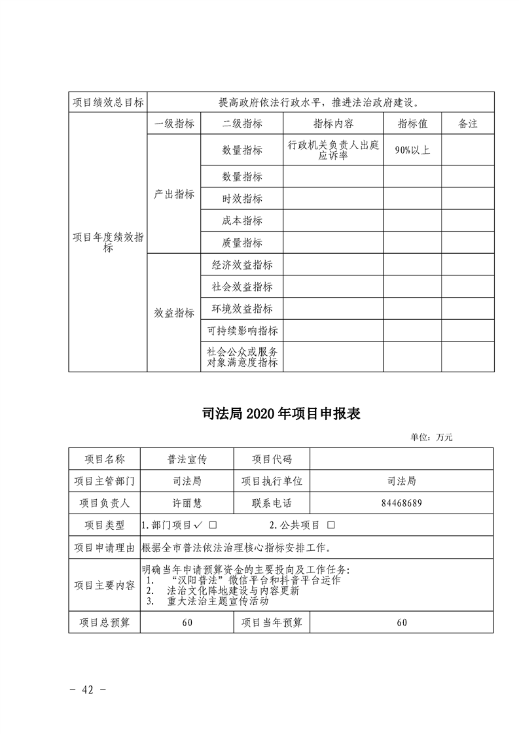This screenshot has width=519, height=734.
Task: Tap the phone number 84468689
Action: point(401,503)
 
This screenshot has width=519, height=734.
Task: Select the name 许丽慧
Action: point(187,503)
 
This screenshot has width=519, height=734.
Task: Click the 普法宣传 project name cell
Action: point(187,459)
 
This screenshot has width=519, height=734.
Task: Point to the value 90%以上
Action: point(412,150)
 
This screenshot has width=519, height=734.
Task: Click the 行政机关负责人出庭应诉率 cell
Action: point(333,150)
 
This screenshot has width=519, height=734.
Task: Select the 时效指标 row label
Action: point(242,199)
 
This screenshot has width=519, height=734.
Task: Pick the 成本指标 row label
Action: point(242,221)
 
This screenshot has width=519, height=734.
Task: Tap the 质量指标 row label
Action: point(242,243)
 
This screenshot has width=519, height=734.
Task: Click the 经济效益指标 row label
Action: point(242,265)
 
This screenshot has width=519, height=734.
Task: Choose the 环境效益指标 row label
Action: point(242,309)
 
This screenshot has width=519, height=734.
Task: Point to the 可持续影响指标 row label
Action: point(242,331)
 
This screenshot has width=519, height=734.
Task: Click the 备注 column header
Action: point(467,123)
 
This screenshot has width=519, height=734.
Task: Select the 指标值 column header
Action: point(412,123)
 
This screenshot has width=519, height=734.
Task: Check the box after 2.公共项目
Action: point(331,525)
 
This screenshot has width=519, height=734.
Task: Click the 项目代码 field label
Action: point(272,459)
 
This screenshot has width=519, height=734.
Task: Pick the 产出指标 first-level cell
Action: point(174,194)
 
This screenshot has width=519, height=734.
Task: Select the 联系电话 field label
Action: point(272,503)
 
